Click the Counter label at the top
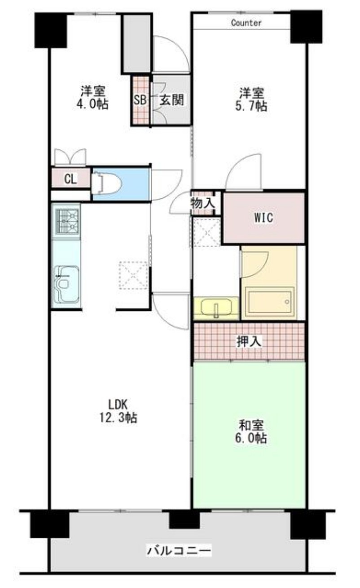point(246,23)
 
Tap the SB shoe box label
point(140,100)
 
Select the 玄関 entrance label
point(172,100)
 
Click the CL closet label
point(70,179)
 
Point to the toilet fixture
point(106,183)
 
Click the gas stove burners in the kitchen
point(67,221)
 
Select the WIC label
point(263,218)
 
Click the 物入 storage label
point(203,204)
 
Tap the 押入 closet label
point(249,341)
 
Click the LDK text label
point(118,405)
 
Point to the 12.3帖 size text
point(118,418)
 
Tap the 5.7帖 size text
point(251,106)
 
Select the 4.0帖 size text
point(92,104)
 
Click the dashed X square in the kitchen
point(133,275)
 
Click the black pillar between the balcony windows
point(184,518)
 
